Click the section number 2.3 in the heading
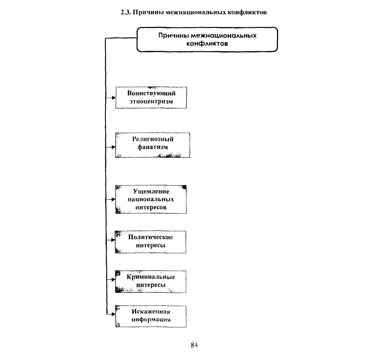point(126,12)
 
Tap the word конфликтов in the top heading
point(247,12)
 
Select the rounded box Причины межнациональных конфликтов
point(207,39)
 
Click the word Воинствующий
point(152,93)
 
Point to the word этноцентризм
point(151,101)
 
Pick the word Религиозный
point(153,139)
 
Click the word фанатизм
point(153,147)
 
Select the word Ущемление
point(151,191)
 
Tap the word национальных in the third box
point(151,199)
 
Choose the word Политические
point(151,237)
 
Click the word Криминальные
point(151,277)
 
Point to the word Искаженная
point(151,312)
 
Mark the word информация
point(151,320)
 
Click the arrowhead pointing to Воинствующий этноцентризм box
point(113,98)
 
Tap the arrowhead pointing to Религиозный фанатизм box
point(113,147)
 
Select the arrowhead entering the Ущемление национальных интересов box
point(113,199)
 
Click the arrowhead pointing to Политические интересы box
point(113,240)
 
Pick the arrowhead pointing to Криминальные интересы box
point(113,280)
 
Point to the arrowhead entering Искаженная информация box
point(113,314)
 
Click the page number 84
point(194,345)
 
